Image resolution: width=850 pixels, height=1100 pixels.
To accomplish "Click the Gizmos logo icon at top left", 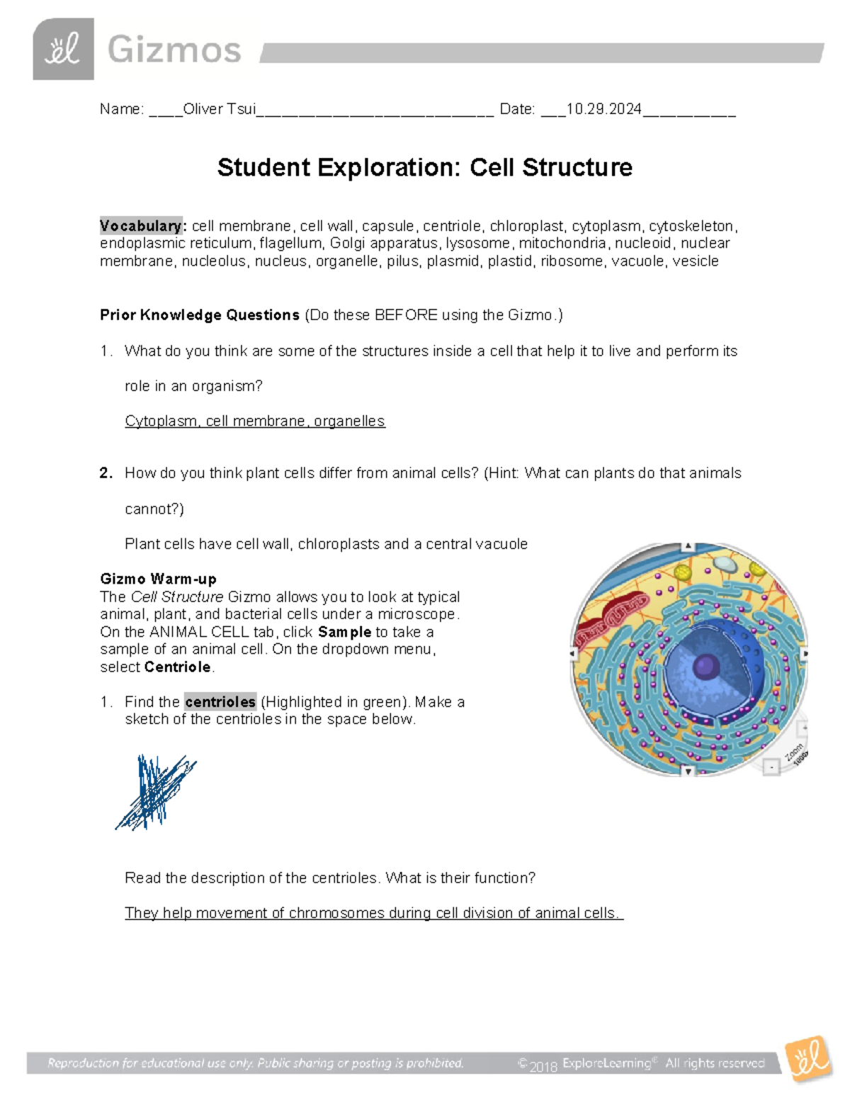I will point(63,49).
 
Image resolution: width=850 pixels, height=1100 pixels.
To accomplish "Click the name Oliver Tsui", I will point(219,109).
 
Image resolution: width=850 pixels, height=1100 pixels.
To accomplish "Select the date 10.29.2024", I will point(603,109).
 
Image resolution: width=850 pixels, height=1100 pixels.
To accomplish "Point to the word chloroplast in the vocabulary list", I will point(527,226).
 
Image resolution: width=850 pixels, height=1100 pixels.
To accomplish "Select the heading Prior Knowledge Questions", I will point(200,315).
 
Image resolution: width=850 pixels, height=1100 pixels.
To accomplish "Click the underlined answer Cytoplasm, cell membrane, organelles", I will point(255,421).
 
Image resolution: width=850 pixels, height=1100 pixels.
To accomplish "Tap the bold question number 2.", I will point(106,473).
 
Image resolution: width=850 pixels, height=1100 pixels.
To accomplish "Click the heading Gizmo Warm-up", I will point(158,579).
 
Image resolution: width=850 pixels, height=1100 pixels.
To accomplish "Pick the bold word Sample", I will point(344,632).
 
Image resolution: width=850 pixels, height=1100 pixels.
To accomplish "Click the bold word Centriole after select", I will point(177,667).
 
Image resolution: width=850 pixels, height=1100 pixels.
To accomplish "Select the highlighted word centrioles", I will point(220,702).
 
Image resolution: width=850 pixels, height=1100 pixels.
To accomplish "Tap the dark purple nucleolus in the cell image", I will point(705,667).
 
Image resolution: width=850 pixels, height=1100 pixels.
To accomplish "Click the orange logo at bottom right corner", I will point(808,1059).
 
